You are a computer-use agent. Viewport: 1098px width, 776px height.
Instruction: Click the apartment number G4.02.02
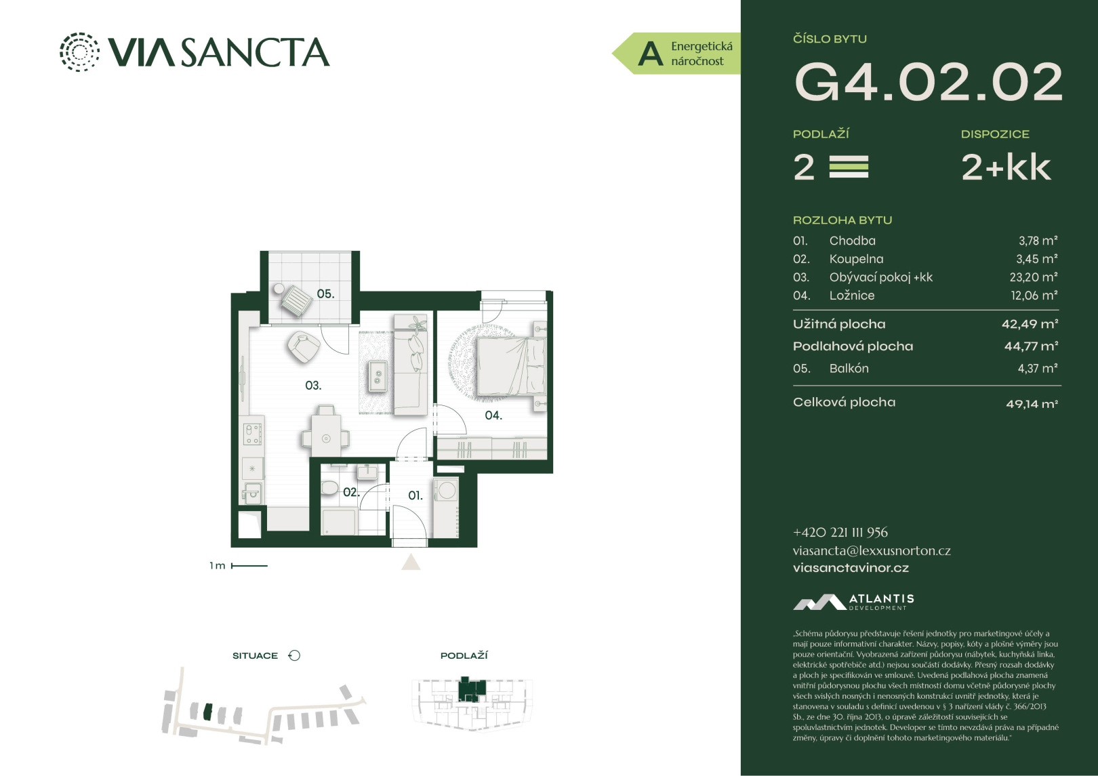pos(928,81)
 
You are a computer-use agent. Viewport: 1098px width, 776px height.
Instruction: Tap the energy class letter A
pos(651,54)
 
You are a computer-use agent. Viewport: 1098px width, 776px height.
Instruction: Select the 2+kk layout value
pos(1006,167)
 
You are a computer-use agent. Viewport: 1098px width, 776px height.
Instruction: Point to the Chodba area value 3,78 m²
pos(1038,241)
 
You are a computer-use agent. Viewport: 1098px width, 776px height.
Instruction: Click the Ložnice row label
pos(851,295)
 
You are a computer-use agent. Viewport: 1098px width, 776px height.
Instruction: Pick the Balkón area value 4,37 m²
pos(1037,369)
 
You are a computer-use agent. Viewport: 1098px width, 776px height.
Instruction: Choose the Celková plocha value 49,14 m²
pos(1032,404)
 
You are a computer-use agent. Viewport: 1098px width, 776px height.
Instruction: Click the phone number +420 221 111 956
pos(840,533)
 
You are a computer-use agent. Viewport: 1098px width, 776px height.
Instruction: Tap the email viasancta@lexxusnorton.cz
pos(872,550)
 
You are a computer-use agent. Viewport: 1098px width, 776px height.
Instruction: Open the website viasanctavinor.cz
pos(851,568)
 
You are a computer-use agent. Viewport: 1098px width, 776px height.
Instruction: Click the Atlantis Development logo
pos(853,602)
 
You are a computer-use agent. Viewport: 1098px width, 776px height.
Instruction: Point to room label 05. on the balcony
pos(325,293)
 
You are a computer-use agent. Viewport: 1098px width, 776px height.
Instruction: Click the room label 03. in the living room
pos(313,386)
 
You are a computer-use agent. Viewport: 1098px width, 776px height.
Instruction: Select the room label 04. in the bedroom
pos(493,415)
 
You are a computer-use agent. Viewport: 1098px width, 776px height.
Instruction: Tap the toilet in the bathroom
pos(330,487)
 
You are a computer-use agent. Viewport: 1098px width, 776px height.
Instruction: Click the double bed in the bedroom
pos(511,366)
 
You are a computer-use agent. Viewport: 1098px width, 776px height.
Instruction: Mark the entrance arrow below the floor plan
pos(411,562)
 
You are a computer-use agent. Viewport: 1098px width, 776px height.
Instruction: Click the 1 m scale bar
pos(249,566)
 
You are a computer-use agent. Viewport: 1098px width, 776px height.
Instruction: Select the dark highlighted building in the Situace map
pos(208,712)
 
